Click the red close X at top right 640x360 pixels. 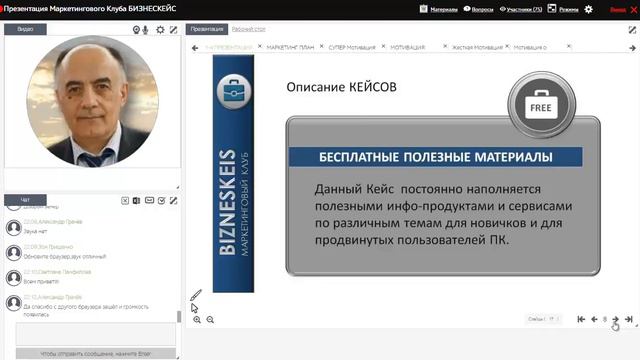pos(632,9)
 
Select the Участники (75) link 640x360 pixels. pos(523,9)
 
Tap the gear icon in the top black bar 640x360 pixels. pos(588,9)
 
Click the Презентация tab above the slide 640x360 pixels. pos(207,30)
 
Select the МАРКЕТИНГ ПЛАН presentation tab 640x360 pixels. pos(290,47)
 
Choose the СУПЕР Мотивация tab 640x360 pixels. pos(351,47)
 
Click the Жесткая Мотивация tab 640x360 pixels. pos(476,47)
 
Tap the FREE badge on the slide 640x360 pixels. pos(541,105)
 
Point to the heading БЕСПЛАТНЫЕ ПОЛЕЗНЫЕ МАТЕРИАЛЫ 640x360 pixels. pos(435,157)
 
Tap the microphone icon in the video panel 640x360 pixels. pos(146,30)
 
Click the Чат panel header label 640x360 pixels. pos(25,200)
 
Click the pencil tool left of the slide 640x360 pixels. pos(196,296)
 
